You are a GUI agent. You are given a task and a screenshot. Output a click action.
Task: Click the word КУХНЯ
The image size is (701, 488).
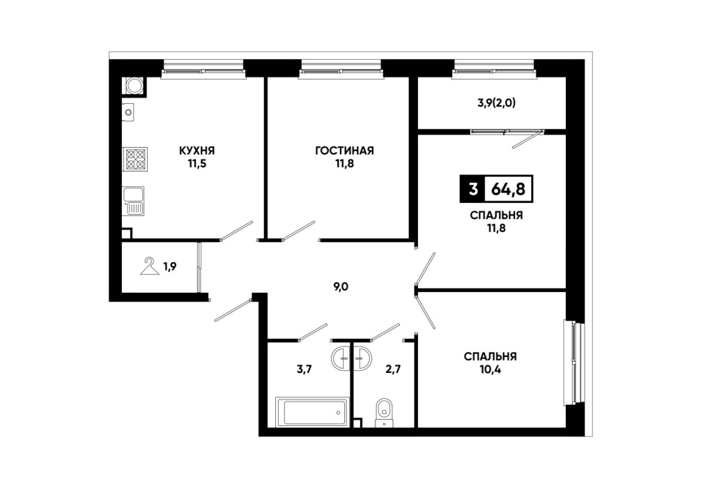tap(197, 151)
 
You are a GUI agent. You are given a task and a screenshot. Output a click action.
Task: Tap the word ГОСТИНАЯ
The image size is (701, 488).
tap(344, 151)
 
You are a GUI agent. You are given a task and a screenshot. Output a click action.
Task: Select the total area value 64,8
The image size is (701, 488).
tap(508, 189)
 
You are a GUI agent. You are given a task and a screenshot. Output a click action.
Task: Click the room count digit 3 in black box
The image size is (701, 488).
tap(472, 189)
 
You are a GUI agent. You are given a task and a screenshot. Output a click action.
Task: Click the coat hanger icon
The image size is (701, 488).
tap(150, 266)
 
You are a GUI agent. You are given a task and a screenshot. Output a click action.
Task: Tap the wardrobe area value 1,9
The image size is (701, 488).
tap(169, 267)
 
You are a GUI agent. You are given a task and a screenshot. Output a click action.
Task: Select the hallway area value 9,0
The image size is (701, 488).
tap(341, 287)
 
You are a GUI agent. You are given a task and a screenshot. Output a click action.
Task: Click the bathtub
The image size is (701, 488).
tap(312, 411)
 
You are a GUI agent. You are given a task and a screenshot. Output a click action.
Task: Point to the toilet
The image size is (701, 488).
tap(383, 412)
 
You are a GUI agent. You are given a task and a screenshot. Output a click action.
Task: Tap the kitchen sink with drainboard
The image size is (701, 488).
tap(133, 201)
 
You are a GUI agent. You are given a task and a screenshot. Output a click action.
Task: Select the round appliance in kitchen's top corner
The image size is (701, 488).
tap(134, 86)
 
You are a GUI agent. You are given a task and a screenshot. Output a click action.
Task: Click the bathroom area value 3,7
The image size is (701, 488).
tap(304, 369)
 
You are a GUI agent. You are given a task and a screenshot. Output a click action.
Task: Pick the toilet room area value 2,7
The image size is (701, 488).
tap(393, 369)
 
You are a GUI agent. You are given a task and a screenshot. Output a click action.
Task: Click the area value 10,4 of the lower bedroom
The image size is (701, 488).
tap(491, 370)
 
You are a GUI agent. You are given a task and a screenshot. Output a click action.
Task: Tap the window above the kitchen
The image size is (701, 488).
tap(203, 69)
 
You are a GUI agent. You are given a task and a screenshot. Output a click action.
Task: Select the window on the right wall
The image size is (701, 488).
tap(574, 363)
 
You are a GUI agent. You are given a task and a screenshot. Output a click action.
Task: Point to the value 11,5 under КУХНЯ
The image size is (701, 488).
tap(197, 164)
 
